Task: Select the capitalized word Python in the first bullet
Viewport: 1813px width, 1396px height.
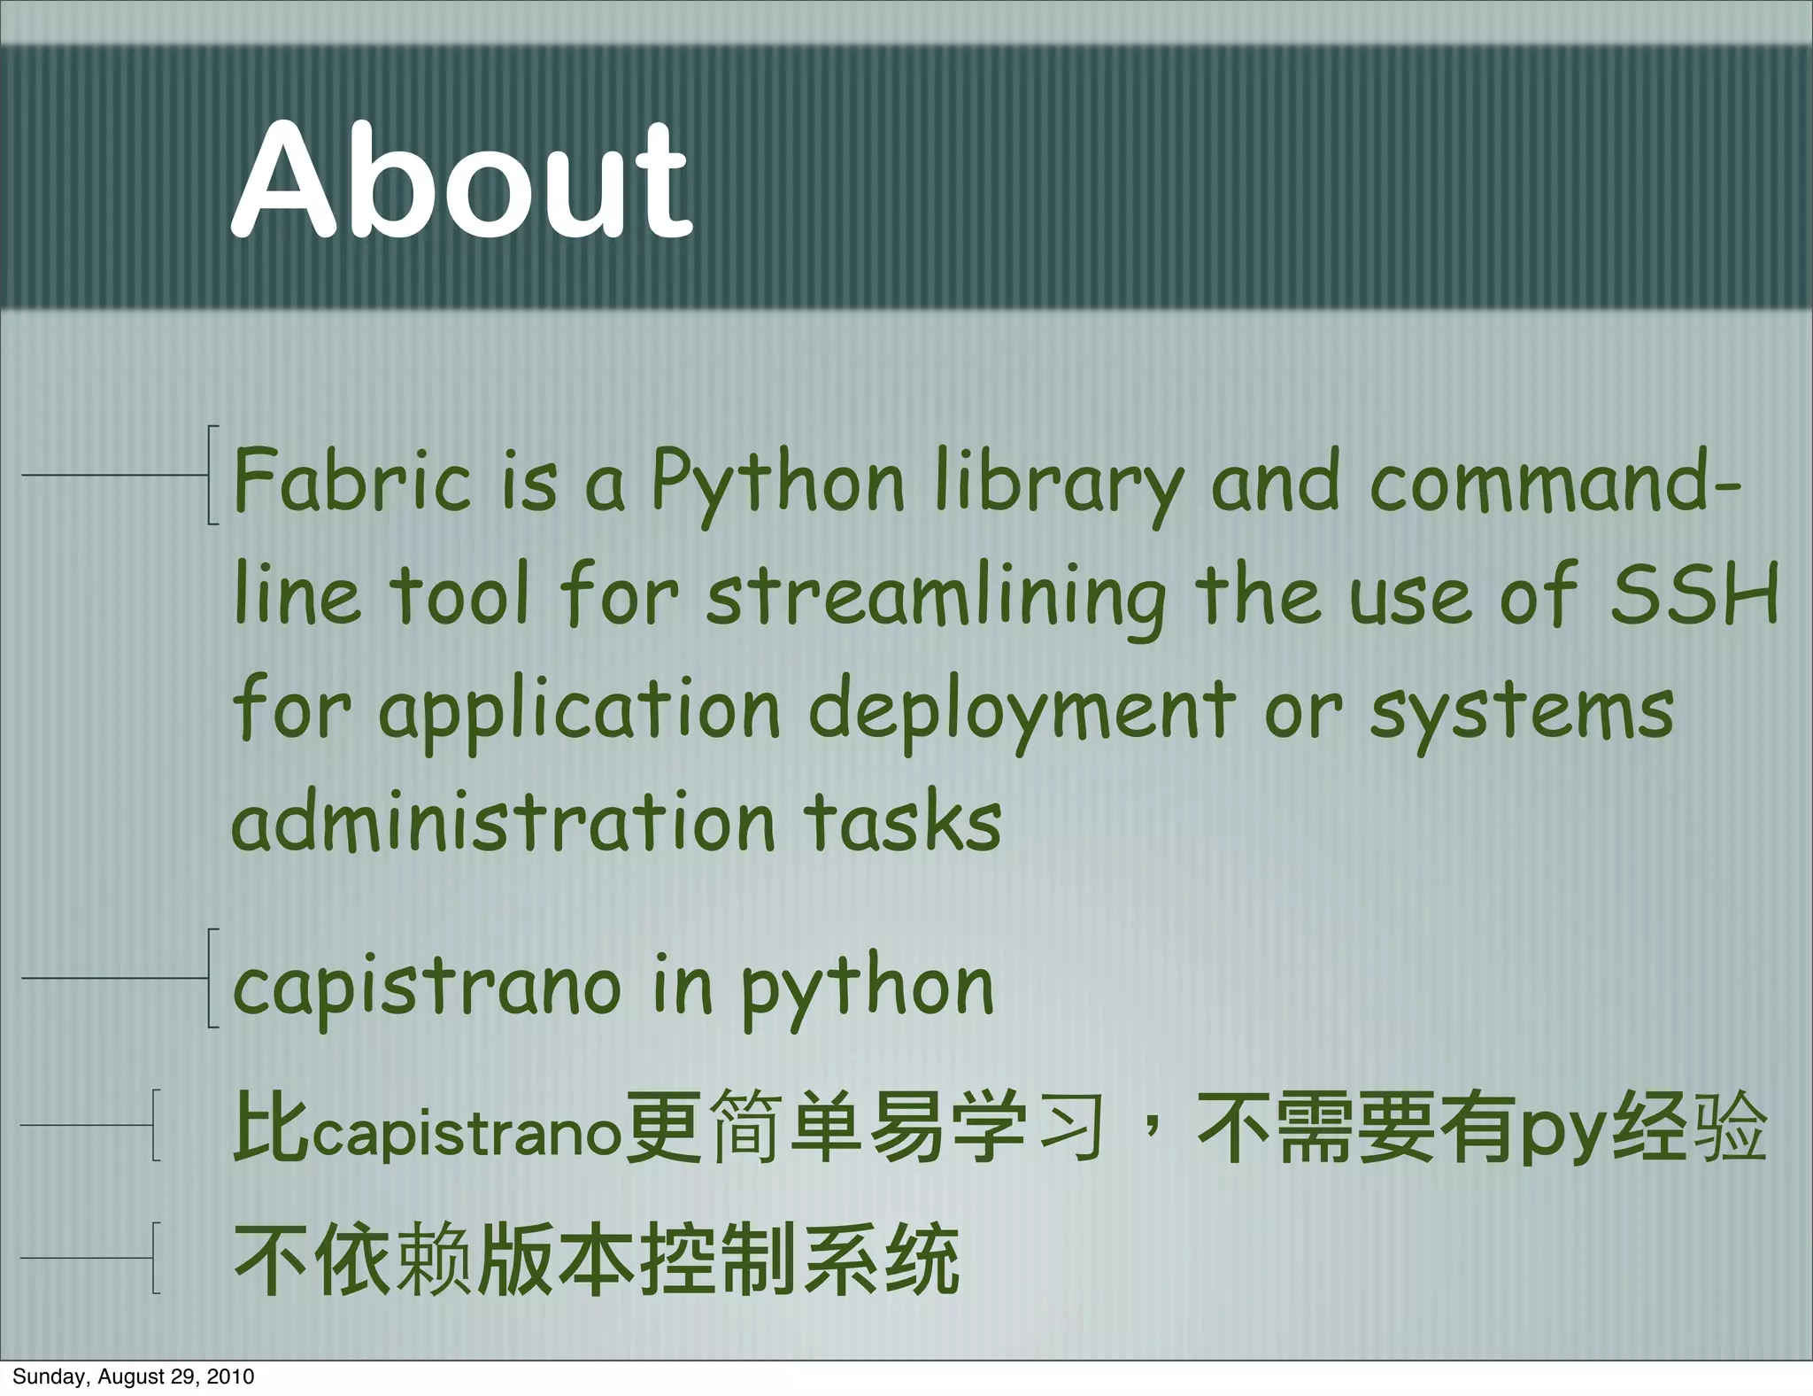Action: click(778, 483)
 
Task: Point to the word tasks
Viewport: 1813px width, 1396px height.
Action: click(903, 822)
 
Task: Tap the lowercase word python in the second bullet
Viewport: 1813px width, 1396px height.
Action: click(868, 988)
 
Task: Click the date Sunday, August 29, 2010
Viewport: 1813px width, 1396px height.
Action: click(134, 1376)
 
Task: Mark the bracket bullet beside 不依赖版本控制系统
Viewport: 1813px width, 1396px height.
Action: click(156, 1258)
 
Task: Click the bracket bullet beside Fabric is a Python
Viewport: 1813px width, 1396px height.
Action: click(212, 476)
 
